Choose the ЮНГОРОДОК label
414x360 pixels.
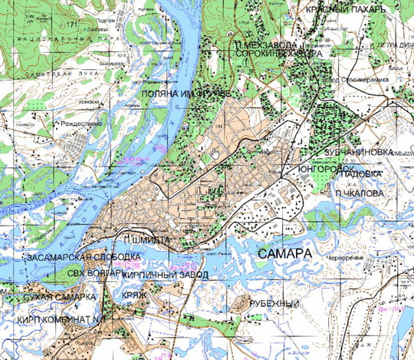pyautogui.click(x=324, y=167)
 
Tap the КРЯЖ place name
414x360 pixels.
pyautogui.click(x=133, y=295)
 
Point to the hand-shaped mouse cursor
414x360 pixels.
pyautogui.click(x=216, y=153)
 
